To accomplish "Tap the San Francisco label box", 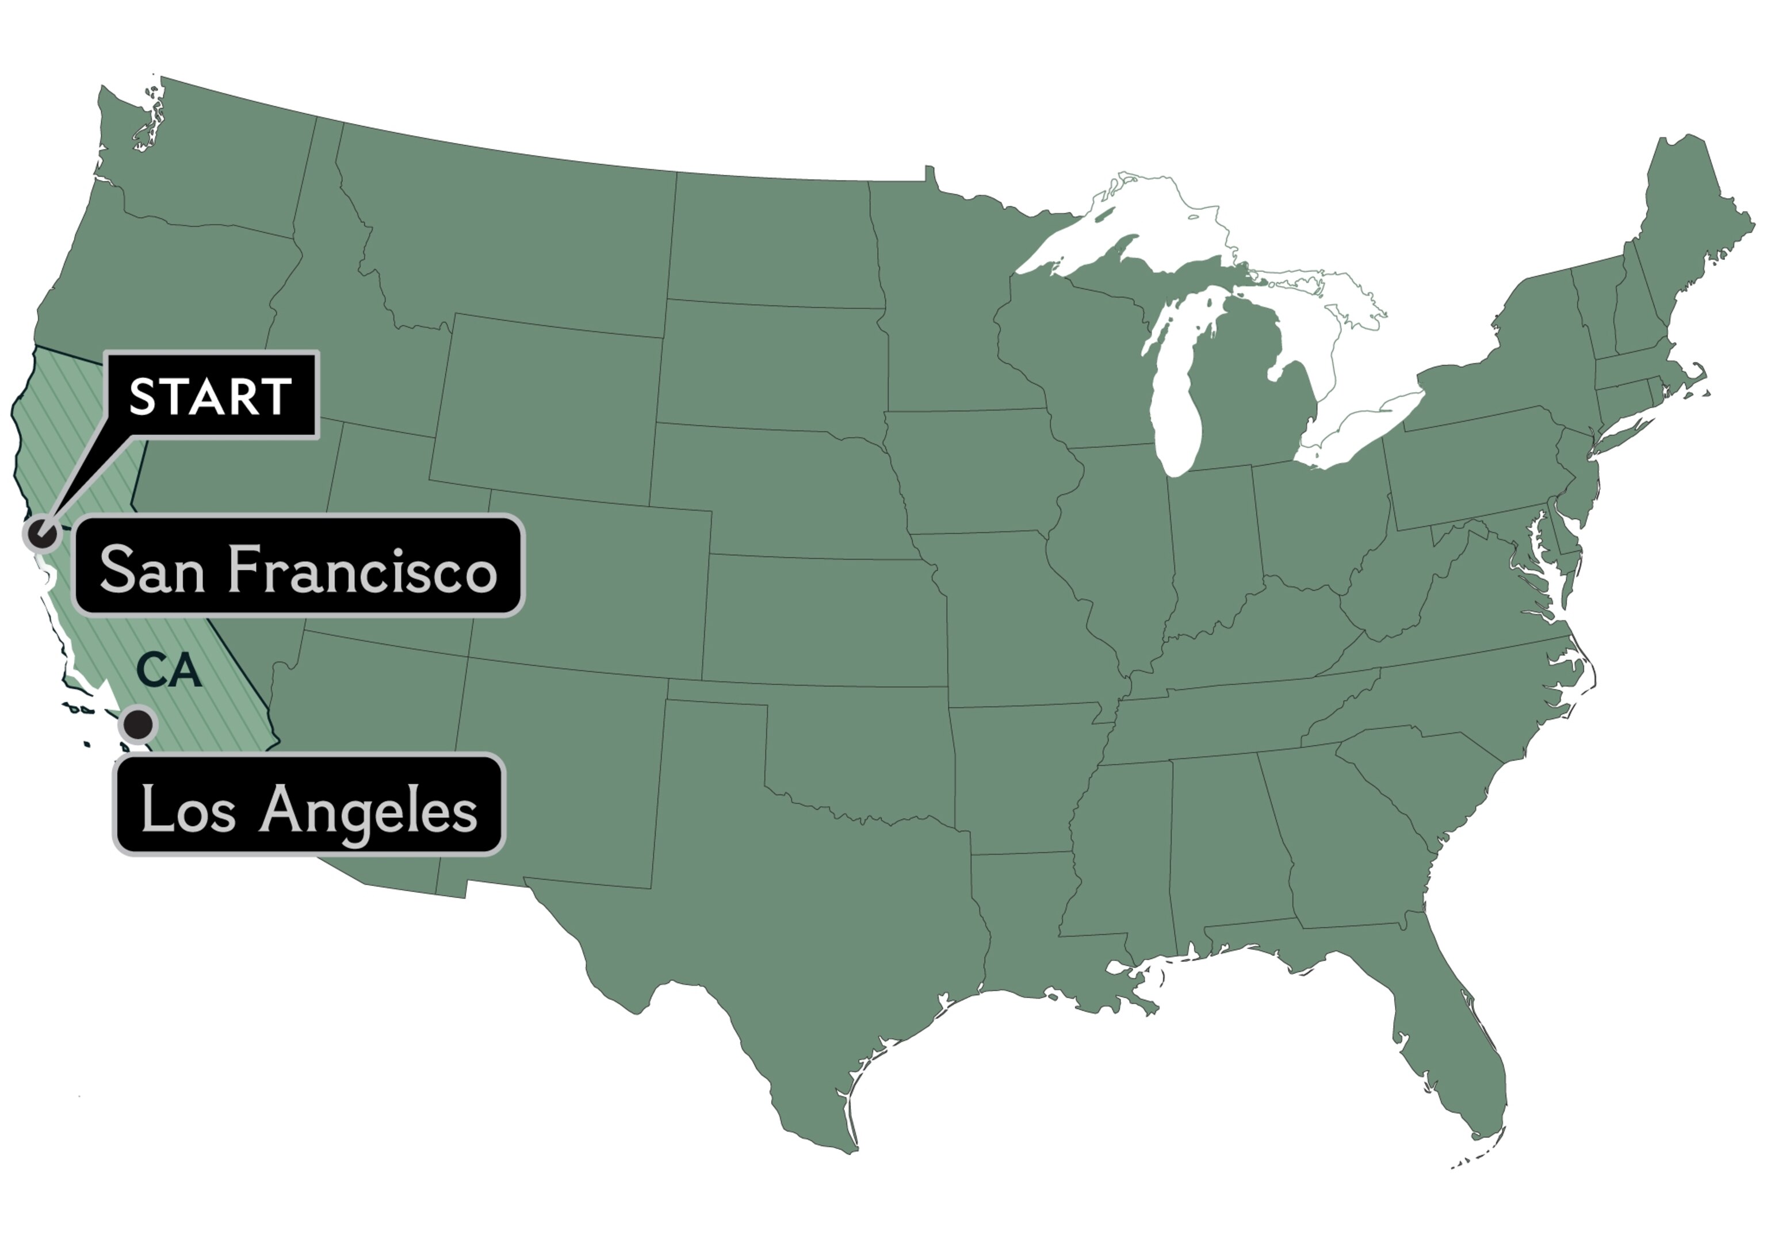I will click(299, 566).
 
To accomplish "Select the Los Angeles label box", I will click(309, 805).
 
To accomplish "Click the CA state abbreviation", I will click(169, 671).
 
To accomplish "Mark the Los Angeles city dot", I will click(139, 723).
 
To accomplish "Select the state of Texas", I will click(808, 923).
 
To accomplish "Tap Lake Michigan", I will click(1181, 385).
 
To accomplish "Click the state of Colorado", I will click(592, 585).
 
